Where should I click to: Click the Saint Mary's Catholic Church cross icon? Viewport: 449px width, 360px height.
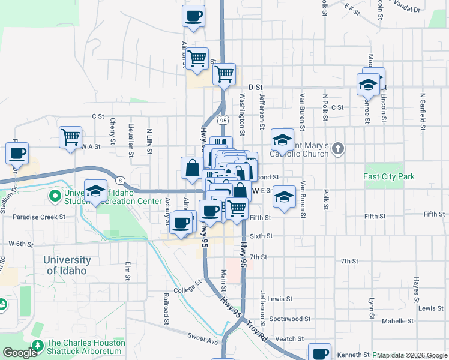pos(338,149)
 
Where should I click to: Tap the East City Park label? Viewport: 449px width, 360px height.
pos(388,177)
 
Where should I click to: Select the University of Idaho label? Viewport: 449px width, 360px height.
pos(67,265)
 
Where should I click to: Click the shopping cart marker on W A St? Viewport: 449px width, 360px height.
pos(70,137)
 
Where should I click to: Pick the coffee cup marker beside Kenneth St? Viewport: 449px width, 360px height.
pos(319,352)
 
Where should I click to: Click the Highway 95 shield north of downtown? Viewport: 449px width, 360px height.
pos(223,120)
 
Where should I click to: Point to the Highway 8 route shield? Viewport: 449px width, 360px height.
pos(121,180)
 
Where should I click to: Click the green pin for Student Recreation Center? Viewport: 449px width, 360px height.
pos(55,196)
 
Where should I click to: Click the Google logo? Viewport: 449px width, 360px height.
pos(20,353)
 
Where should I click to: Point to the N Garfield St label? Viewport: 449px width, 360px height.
pos(423,112)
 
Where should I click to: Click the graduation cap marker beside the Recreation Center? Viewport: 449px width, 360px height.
pos(95,191)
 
